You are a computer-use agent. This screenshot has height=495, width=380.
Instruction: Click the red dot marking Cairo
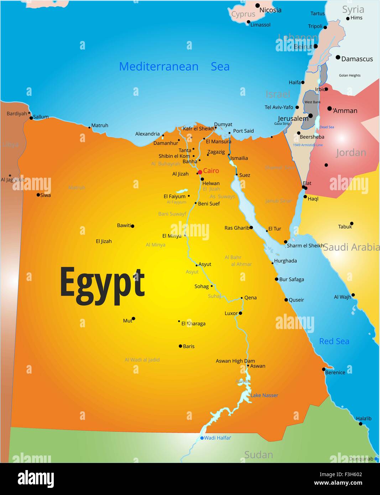200,172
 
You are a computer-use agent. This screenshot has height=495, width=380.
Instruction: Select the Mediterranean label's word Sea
220,67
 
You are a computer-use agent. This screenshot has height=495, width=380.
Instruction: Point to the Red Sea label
334,341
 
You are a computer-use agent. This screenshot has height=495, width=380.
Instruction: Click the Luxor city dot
240,313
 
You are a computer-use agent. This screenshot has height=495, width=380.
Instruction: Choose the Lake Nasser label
264,395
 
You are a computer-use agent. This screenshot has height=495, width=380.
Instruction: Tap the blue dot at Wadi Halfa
202,438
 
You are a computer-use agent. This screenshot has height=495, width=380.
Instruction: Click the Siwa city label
45,195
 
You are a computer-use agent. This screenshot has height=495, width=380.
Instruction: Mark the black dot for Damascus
338,57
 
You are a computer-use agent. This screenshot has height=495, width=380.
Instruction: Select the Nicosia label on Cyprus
270,10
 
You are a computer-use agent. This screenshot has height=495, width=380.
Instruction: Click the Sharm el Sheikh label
305,246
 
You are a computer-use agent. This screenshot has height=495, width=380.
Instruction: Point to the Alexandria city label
147,134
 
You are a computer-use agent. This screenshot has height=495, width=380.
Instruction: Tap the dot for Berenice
324,369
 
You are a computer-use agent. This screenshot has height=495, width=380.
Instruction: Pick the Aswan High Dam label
235,361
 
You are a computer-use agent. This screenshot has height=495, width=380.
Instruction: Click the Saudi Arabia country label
351,247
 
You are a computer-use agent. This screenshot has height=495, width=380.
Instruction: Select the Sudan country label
259,455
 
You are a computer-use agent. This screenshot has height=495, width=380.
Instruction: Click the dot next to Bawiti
132,226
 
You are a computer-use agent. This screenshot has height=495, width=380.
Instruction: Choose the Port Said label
243,131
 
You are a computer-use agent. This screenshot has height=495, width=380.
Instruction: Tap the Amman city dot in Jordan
329,109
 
